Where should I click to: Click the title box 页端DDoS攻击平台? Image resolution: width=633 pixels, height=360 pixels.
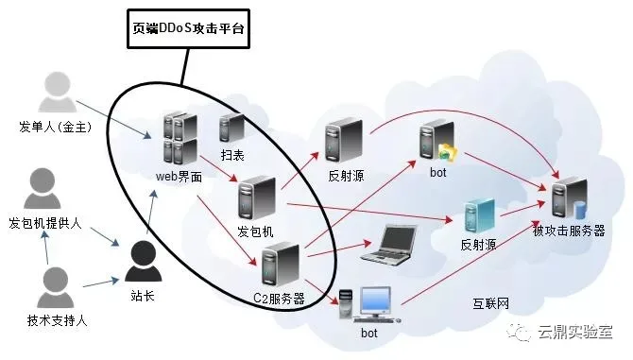coord(189,28)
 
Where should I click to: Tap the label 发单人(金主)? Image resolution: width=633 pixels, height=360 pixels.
coord(56,127)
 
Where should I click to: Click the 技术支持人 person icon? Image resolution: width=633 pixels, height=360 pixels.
coord(56,287)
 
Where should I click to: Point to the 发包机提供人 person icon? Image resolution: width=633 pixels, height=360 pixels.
coord(43,188)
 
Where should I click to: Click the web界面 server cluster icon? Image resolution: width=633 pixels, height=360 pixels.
coord(180,138)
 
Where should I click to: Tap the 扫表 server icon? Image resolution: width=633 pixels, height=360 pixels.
coord(231,128)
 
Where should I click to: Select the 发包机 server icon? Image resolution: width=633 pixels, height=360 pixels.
coord(257,198)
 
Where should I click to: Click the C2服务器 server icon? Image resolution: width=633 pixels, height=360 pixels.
coord(281,264)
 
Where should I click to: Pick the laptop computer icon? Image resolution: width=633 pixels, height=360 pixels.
coord(388,245)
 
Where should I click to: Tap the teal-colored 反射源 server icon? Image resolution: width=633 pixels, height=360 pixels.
coord(480,215)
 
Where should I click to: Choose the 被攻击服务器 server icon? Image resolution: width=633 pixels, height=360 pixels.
coord(570,198)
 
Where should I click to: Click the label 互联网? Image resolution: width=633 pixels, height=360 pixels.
coord(491,303)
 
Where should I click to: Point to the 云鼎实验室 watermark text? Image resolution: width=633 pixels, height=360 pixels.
coord(574,332)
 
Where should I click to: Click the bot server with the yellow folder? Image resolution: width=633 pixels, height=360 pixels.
coord(437,141)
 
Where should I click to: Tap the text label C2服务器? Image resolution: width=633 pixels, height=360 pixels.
coord(279,299)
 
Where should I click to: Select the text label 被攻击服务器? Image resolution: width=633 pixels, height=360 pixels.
coord(569,231)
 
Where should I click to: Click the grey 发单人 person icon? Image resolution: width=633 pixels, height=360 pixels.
coord(58,92)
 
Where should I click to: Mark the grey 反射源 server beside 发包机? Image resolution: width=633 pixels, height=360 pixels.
coord(344,140)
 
